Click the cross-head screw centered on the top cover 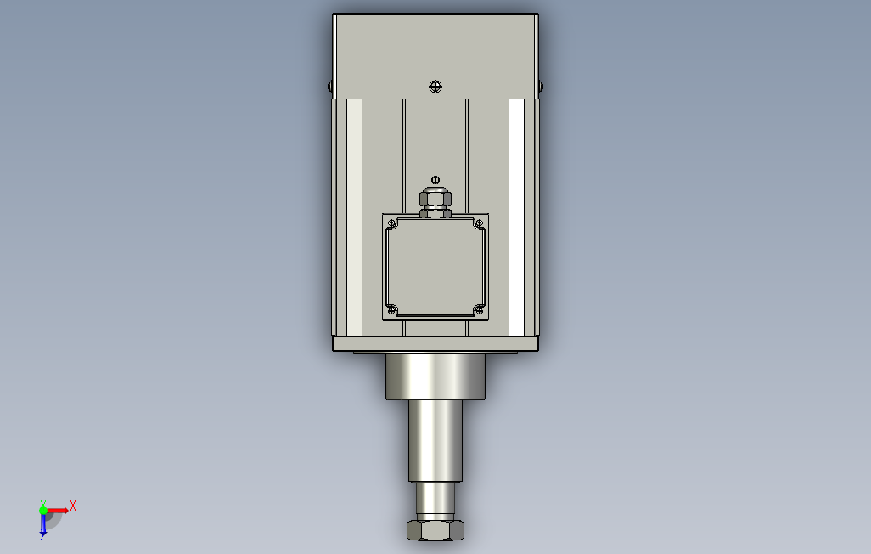click(435, 86)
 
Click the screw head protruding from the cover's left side click(330, 86)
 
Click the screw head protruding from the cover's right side click(541, 86)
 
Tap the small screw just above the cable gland click(435, 179)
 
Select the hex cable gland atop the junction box click(435, 202)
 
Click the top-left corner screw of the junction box click(391, 223)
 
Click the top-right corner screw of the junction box click(480, 223)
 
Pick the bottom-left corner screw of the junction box click(391, 310)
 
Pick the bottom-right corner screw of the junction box click(480, 310)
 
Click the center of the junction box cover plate click(435, 267)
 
